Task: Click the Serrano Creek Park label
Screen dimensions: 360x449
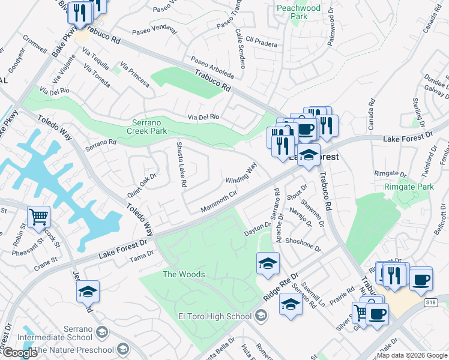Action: click(149, 126)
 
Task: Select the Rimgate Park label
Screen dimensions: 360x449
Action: click(408, 187)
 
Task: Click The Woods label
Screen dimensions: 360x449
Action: click(184, 274)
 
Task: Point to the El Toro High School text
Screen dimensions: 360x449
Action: click(214, 316)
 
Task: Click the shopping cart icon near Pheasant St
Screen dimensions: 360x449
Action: click(38, 217)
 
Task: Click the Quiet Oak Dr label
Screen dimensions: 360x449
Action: click(142, 186)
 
